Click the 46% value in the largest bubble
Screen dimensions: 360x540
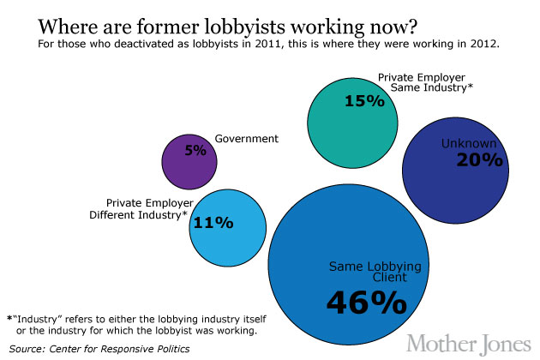(365, 302)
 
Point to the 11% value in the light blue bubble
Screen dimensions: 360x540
(214, 223)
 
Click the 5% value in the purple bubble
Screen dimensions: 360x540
(195, 150)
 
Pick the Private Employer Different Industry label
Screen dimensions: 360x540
(141, 208)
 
